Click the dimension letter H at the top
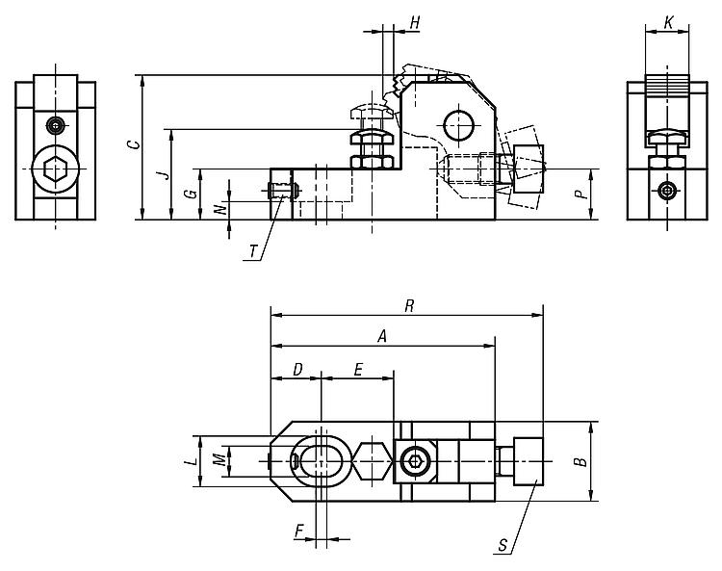pos(415,22)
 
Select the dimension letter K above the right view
pos(669,22)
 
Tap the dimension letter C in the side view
pos(134,144)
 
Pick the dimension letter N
pos(221,209)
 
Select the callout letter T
pos(253,252)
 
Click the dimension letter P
pos(582,194)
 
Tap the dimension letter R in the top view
pos(409,306)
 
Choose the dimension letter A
pos(382,337)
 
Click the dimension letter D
pos(298,370)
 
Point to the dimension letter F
pos(299,532)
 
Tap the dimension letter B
pos(582,461)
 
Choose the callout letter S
pos(503,546)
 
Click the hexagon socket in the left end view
pos(55,169)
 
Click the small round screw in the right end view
pos(667,191)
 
